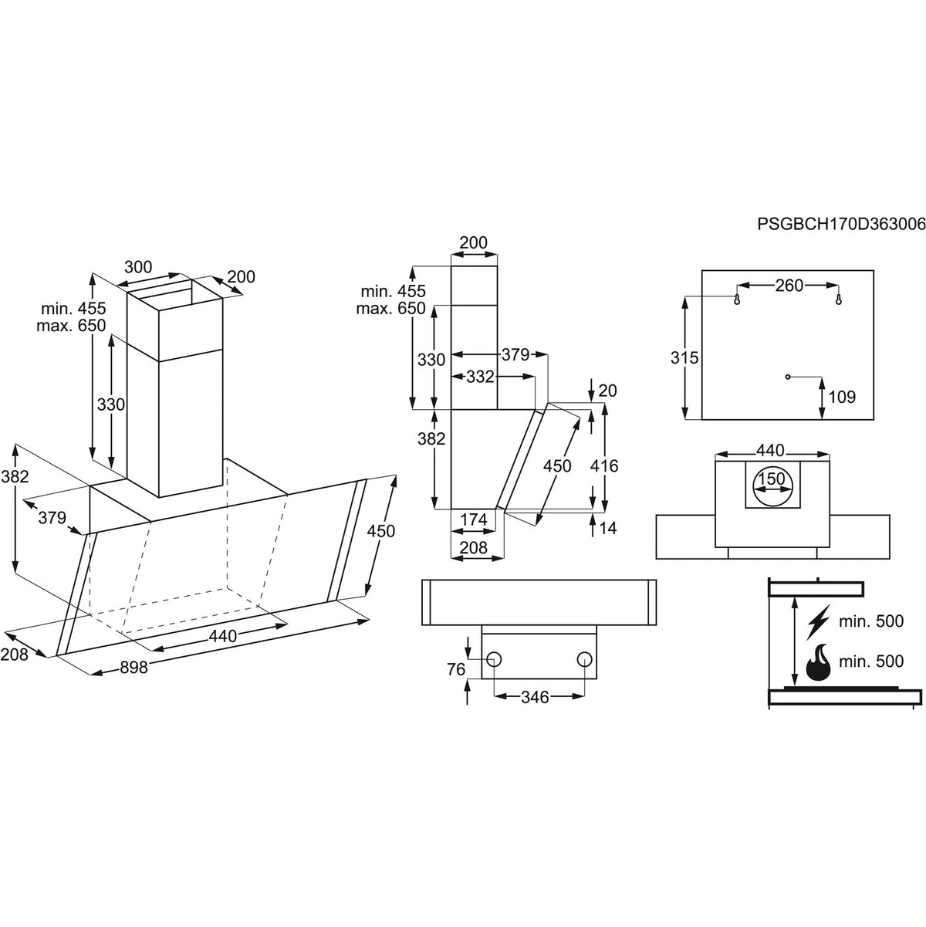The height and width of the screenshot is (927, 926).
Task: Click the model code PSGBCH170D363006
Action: (x=841, y=225)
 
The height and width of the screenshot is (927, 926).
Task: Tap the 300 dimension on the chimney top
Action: (x=137, y=268)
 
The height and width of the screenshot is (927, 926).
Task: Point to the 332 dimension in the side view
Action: (x=480, y=377)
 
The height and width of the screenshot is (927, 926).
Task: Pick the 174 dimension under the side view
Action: (x=473, y=520)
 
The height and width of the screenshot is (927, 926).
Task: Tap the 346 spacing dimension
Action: (x=535, y=697)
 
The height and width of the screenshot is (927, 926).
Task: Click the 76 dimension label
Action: (x=456, y=668)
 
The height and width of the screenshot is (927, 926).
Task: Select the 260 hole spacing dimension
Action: (x=788, y=286)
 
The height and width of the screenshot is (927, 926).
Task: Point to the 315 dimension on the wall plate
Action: (x=684, y=358)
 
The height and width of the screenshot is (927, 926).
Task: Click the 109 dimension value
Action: (x=841, y=398)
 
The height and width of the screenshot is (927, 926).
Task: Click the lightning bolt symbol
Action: (x=819, y=620)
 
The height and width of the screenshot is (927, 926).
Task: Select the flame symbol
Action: (x=820, y=662)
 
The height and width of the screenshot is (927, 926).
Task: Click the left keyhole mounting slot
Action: (x=738, y=299)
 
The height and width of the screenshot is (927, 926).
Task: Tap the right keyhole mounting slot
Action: (x=839, y=299)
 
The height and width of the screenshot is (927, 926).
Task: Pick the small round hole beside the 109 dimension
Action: (x=786, y=377)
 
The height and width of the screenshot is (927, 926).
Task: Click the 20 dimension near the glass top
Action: (x=607, y=391)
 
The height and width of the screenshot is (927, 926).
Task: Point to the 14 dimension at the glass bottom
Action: (x=607, y=528)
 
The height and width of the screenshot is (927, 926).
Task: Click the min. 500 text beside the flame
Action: (x=871, y=662)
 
